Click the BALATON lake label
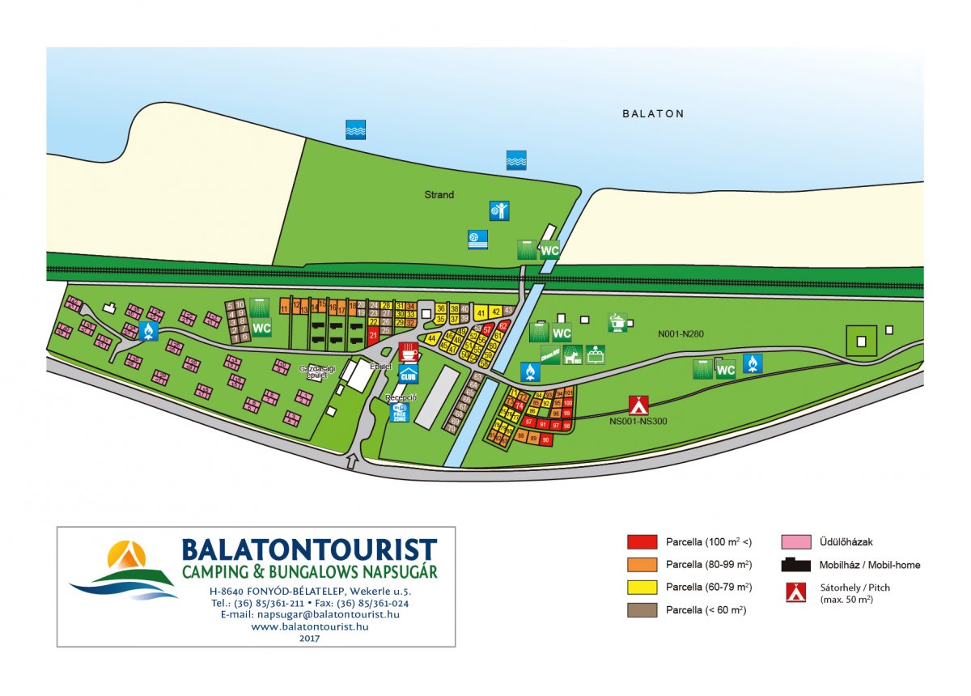click(653, 114)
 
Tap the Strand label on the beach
click(439, 194)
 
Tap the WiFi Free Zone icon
click(400, 413)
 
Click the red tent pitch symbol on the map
click(638, 405)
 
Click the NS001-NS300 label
click(639, 421)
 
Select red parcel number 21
click(373, 334)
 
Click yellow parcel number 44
click(432, 337)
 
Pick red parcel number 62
click(502, 326)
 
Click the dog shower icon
click(574, 354)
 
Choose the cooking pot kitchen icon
click(617, 322)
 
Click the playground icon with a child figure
click(499, 211)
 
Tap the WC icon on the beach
click(550, 250)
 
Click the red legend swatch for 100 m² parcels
click(642, 541)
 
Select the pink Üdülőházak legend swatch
click(796, 541)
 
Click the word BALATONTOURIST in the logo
click(309, 550)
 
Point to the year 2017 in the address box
click(309, 638)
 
